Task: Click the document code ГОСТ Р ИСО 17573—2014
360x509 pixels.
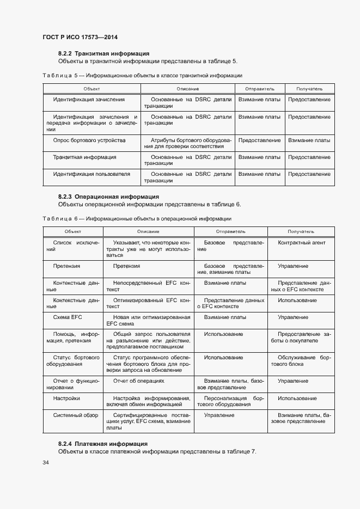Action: (x=80, y=37)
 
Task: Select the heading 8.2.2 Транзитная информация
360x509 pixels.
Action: (x=103, y=53)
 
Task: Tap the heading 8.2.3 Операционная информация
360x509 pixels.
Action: (x=108, y=197)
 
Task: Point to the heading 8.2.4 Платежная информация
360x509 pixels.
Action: (x=103, y=444)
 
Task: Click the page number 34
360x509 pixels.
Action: (x=46, y=463)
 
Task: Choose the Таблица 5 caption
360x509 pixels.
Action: (x=142, y=75)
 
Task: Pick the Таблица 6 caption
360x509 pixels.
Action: (x=137, y=218)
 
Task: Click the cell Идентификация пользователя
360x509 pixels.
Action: (x=91, y=174)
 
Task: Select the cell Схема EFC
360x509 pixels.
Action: (x=68, y=317)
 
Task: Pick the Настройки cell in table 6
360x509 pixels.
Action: (x=67, y=398)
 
